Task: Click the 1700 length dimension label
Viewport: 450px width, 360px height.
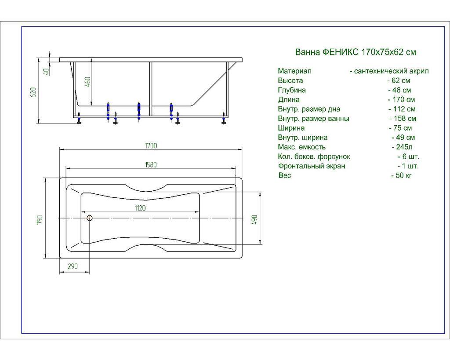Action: coord(151,145)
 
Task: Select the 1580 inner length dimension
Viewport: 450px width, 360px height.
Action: coord(151,165)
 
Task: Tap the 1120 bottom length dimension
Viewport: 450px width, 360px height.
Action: coord(140,208)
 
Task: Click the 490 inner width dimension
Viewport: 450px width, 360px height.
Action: coord(255,220)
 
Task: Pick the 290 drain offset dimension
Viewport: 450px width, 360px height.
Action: coord(73,266)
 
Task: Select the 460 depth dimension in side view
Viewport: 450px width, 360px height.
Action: coord(88,82)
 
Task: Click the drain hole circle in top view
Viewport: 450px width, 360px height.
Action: coord(90,218)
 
